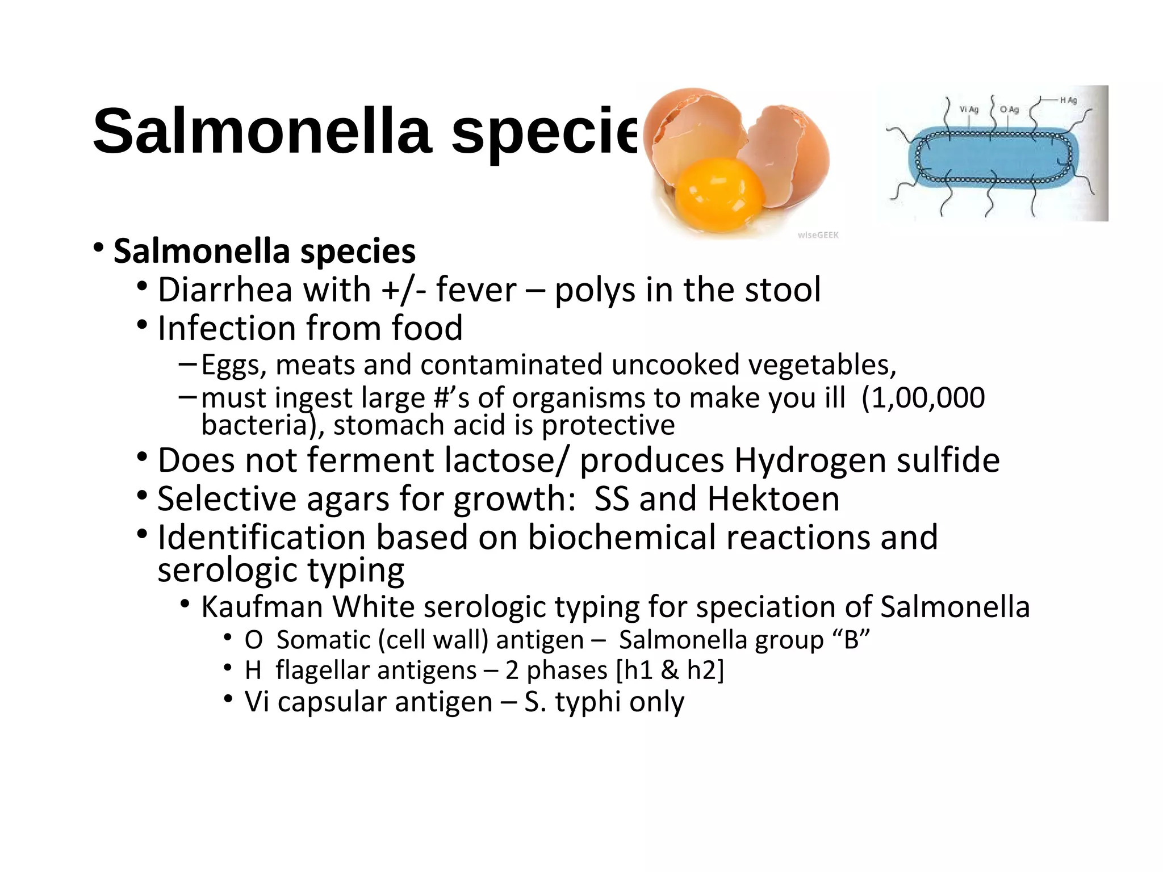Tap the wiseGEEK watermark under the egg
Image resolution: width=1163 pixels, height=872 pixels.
click(x=818, y=235)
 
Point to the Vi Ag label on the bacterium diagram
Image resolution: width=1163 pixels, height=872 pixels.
click(x=969, y=110)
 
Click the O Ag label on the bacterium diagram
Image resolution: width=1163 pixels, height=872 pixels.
click(x=1009, y=110)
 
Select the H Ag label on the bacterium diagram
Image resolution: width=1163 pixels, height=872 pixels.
click(x=1068, y=100)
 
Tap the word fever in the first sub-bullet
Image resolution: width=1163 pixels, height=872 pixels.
click(x=476, y=290)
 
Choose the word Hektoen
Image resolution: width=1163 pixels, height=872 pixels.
click(x=773, y=499)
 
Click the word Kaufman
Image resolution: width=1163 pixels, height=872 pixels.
click(x=262, y=607)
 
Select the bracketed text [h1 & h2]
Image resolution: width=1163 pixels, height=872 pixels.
click(x=670, y=670)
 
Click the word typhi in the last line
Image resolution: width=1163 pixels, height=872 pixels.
click(x=588, y=702)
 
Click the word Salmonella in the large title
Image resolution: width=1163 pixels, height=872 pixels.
click(x=262, y=132)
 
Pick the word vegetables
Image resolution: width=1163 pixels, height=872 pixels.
click(x=822, y=365)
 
